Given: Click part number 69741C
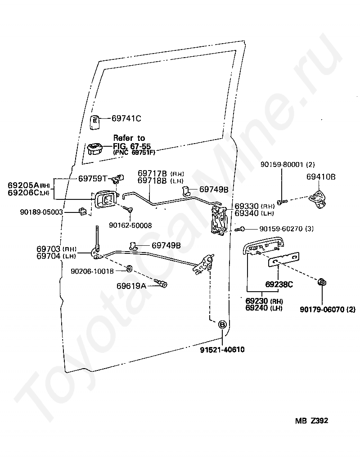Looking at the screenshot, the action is pyautogui.click(x=126, y=118).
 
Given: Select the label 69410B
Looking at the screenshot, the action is pyautogui.click(x=321, y=177).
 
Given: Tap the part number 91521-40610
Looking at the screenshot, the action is pyautogui.click(x=222, y=350).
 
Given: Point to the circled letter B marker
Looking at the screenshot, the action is pyautogui.click(x=222, y=325).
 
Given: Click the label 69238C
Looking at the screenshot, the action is pyautogui.click(x=279, y=284).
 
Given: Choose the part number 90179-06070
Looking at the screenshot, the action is pyautogui.click(x=322, y=309).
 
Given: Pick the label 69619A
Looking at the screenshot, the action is pyautogui.click(x=131, y=286).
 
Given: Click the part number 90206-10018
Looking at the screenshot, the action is pyautogui.click(x=92, y=271).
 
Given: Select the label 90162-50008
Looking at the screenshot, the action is pyautogui.click(x=130, y=225).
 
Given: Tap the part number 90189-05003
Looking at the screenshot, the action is pyautogui.click(x=41, y=212).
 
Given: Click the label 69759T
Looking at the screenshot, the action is pyautogui.click(x=93, y=178).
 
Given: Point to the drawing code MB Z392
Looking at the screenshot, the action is pyautogui.click(x=311, y=421).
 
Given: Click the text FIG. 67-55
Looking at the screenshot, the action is pyautogui.click(x=132, y=146).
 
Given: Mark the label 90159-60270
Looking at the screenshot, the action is pyautogui.click(x=281, y=229).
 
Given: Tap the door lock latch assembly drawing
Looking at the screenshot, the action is pyautogui.click(x=219, y=220).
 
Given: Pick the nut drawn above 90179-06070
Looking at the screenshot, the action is pyautogui.click(x=322, y=282).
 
